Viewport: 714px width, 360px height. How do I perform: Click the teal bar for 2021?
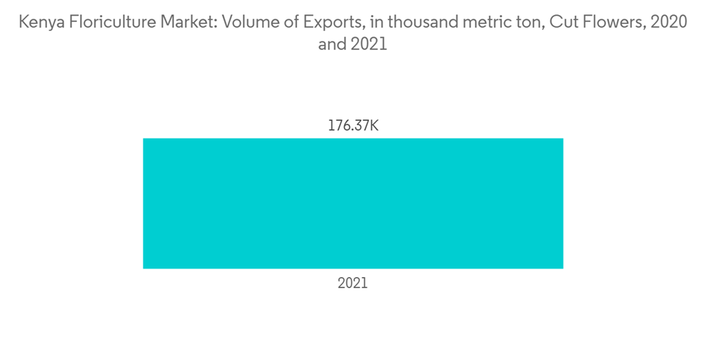pos(353,203)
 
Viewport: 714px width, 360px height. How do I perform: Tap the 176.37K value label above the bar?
pos(353,126)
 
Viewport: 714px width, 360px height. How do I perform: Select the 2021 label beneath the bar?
pos(353,283)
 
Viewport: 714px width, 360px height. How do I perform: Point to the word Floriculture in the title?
pos(106,23)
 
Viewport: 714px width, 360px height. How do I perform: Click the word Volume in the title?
pos(251,23)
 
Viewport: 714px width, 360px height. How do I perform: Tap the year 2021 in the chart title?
pos(370,44)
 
